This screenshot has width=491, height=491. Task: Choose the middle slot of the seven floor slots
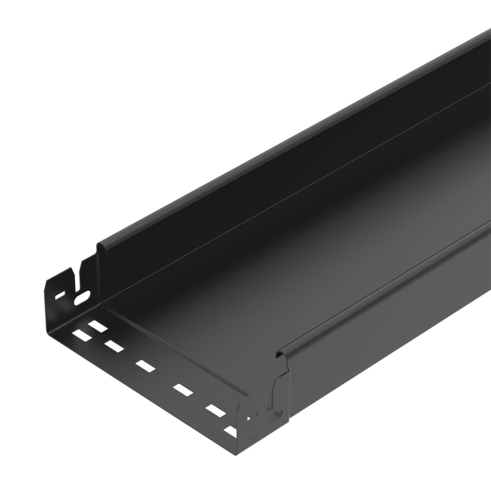[x=146, y=365]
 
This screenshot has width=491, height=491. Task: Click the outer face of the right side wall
[x=389, y=327]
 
